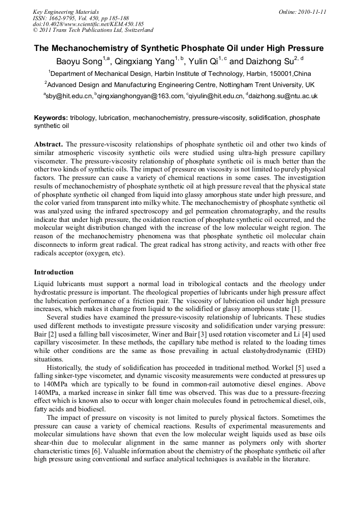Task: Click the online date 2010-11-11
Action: click(310, 12)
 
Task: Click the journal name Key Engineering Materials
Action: click(66, 12)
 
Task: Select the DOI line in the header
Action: click(88, 24)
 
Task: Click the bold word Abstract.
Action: click(48, 144)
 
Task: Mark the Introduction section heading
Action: click(54, 272)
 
